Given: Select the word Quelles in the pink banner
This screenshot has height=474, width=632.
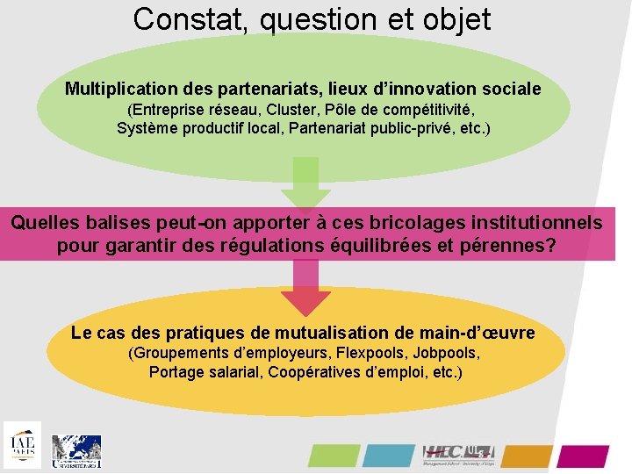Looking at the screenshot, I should coord(45,223).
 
